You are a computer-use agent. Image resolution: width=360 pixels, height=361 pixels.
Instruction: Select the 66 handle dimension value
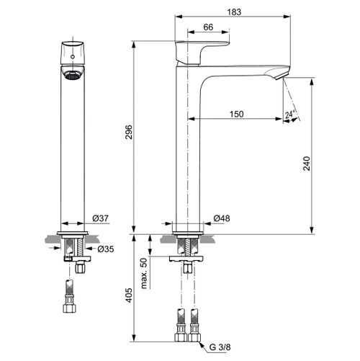207,27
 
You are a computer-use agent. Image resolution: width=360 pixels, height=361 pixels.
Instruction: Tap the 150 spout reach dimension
236,113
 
